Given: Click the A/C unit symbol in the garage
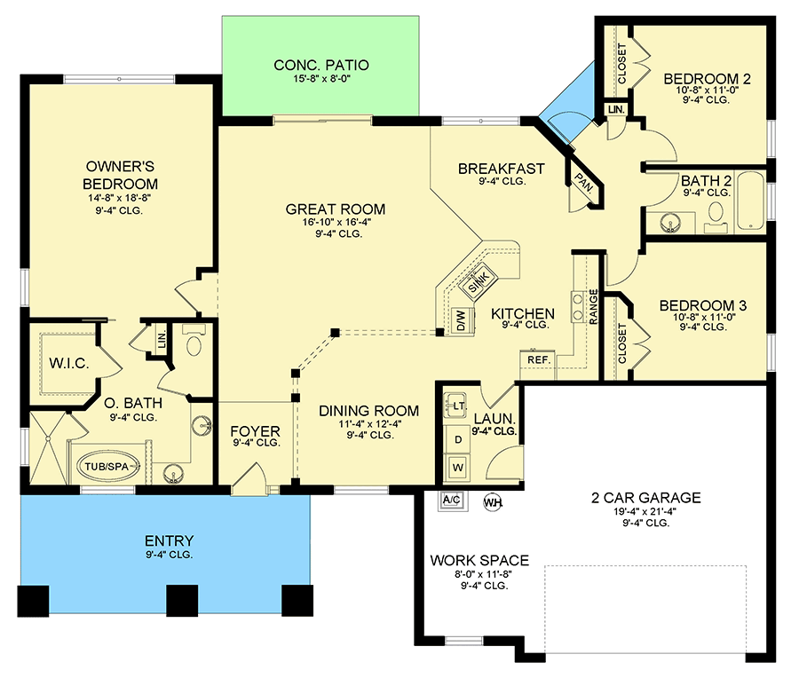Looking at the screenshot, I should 452,501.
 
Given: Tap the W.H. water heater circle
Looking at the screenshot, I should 492,502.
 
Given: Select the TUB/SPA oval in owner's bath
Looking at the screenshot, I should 107,467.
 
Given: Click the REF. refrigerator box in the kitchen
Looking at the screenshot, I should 538,360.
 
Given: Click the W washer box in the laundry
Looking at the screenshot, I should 459,465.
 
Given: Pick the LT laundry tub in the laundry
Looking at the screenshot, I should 459,406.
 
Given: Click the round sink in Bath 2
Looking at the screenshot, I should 670,221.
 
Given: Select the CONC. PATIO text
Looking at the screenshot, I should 320,65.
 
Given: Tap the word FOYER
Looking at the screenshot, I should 256,431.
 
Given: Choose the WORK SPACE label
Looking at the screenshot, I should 479,561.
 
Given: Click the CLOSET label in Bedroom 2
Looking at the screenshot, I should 621,66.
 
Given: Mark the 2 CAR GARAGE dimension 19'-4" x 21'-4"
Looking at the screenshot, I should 633,511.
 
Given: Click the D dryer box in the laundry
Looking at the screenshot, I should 459,439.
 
